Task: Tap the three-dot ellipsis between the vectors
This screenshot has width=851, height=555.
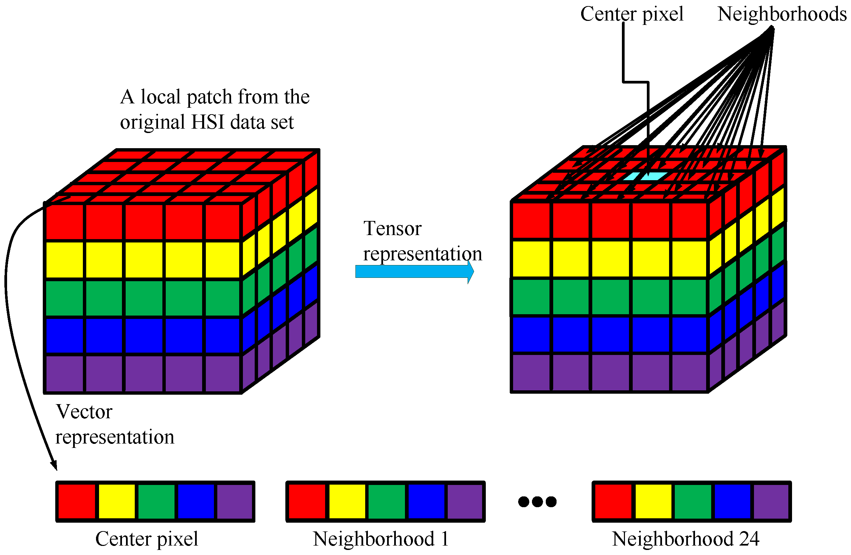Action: point(537,502)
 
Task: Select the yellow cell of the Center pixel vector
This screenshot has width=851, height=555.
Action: point(117,501)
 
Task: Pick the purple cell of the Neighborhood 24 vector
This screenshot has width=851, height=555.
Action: point(771,501)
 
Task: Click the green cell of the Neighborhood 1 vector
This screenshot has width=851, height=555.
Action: point(386,501)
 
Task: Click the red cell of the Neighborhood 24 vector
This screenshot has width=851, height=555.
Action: point(613,501)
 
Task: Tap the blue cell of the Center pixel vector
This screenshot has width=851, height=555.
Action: point(196,501)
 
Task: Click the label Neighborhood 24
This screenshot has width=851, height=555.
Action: point(685,539)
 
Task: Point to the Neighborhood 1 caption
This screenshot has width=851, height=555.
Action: point(380,539)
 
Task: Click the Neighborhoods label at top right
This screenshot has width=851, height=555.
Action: point(782,14)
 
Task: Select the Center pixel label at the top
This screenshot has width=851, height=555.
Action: point(631,14)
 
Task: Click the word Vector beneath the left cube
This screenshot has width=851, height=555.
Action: point(84,412)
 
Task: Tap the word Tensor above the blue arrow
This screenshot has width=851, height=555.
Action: point(392,228)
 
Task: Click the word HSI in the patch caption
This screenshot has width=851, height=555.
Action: point(208,122)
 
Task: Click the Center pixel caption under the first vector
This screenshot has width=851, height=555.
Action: point(147,539)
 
